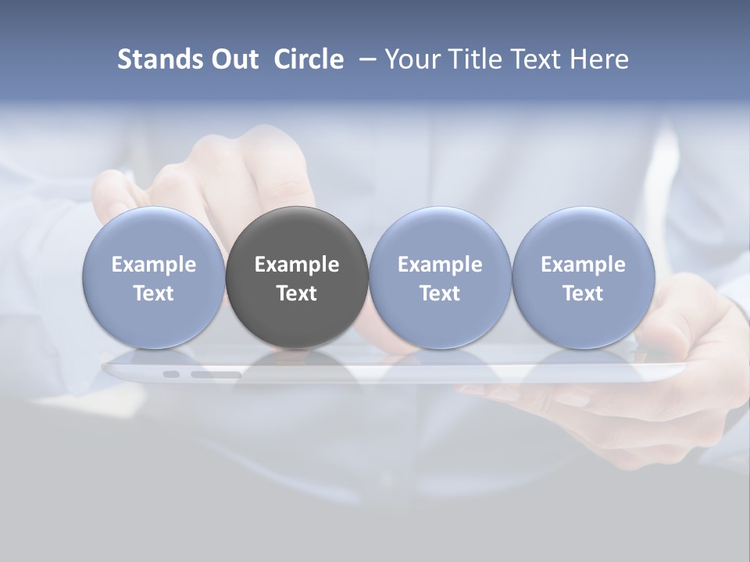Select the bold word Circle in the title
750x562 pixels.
(x=309, y=59)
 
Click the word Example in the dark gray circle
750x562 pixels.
(x=297, y=265)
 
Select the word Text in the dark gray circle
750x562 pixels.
(x=297, y=293)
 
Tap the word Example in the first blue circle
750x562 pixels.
(x=154, y=265)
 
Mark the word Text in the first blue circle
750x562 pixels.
(x=154, y=293)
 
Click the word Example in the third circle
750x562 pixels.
(x=440, y=265)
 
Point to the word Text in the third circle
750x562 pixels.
(x=440, y=293)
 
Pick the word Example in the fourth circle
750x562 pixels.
(x=584, y=265)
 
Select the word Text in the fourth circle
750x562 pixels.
(x=584, y=293)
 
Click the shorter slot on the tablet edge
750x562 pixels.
(x=171, y=375)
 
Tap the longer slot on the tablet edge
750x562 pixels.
(x=216, y=375)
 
